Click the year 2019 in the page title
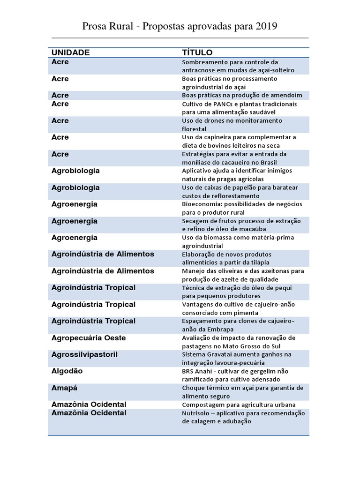click(267, 27)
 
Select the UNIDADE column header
click(70, 52)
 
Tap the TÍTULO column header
click(197, 52)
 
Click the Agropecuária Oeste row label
click(89, 338)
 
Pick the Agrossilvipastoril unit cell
click(84, 354)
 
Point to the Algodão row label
click(67, 371)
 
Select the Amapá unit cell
click(64, 388)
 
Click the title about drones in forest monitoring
click(232, 124)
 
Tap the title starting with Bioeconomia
click(241, 208)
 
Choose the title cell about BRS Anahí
click(241, 375)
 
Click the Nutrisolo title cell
click(243, 417)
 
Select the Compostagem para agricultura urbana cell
click(239, 405)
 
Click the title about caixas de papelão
click(240, 191)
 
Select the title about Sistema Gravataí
click(236, 358)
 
